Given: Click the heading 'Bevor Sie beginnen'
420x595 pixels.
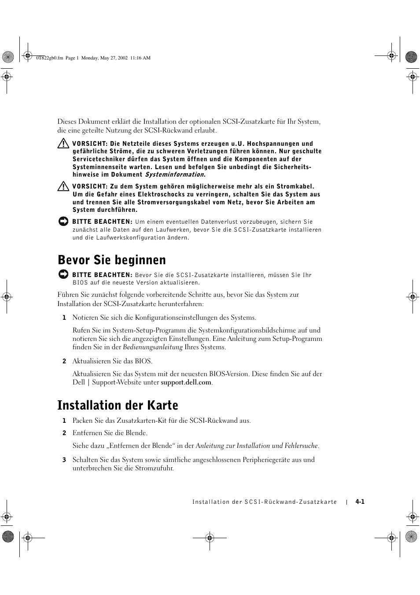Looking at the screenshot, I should click(x=112, y=260).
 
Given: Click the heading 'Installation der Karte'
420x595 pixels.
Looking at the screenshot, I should click(x=118, y=405).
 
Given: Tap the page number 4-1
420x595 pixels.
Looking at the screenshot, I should click(x=360, y=502).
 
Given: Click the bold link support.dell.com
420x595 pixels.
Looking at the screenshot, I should click(x=186, y=382).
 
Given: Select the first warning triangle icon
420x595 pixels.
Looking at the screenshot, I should click(x=63, y=143).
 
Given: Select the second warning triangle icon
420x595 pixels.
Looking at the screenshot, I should click(x=63, y=186).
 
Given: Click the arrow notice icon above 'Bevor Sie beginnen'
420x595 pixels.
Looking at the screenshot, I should click(x=63, y=222).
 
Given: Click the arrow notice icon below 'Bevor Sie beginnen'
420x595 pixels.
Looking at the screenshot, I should click(x=63, y=274).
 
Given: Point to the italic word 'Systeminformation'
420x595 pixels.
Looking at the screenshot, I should click(x=174, y=174).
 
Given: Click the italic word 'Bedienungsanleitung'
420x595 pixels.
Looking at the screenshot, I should click(x=152, y=347).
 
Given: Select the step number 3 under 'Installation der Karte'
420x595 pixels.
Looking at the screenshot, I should click(x=64, y=460).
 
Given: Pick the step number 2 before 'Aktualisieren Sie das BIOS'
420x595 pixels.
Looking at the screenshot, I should click(x=64, y=361).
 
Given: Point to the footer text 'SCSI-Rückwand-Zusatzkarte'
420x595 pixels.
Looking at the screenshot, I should click(x=291, y=502).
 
